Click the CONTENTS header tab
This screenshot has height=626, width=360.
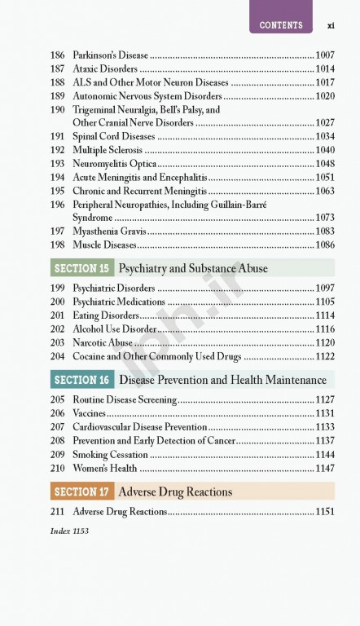pyautogui.click(x=281, y=24)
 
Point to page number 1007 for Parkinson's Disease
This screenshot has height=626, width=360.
pyautogui.click(x=325, y=55)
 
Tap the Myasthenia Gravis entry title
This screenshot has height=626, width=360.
pyautogui.click(x=104, y=231)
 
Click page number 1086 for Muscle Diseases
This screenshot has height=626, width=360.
pyautogui.click(x=325, y=245)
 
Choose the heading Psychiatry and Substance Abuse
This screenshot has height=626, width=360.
pyautogui.click(x=193, y=268)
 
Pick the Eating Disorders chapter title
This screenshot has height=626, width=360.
pyautogui.click(x=106, y=315)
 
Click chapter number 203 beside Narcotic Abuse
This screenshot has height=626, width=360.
pyautogui.click(x=57, y=342)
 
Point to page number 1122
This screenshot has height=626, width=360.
pyautogui.click(x=325, y=356)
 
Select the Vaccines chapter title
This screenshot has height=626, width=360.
pyautogui.click(x=90, y=413)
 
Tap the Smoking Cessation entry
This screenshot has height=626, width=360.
pyautogui.click(x=110, y=454)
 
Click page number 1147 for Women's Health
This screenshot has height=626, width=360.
pyautogui.click(x=325, y=468)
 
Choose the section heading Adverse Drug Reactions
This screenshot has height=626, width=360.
pyautogui.click(x=175, y=492)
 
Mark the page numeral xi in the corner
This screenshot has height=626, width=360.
pyautogui.click(x=332, y=24)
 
